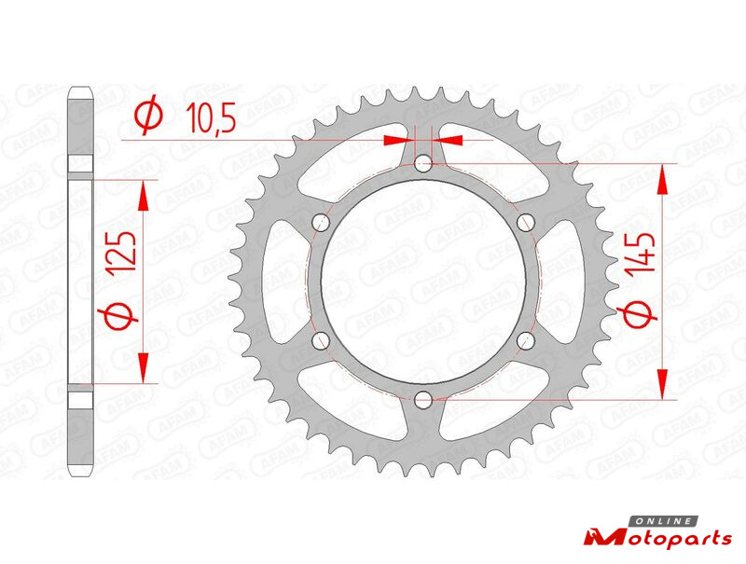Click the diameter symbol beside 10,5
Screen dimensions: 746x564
[148, 115]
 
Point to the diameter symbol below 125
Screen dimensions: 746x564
[117, 316]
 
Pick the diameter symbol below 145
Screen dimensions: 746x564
[637, 315]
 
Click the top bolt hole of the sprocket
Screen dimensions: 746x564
[423, 165]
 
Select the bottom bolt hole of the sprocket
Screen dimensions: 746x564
[423, 399]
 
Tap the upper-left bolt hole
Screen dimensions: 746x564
[321, 222]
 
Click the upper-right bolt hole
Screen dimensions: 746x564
[526, 222]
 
